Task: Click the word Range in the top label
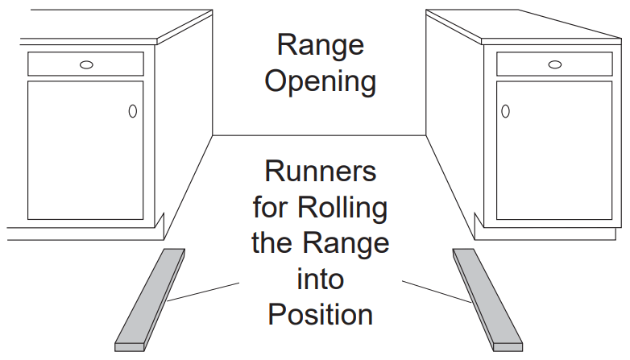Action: [x=321, y=45]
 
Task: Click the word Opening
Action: [x=321, y=82]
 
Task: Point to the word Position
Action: [x=321, y=314]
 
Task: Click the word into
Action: [x=321, y=279]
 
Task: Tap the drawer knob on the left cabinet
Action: [x=86, y=64]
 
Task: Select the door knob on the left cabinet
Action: [x=132, y=111]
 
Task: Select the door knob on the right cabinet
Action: [x=506, y=111]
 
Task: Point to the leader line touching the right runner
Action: [x=435, y=292]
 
